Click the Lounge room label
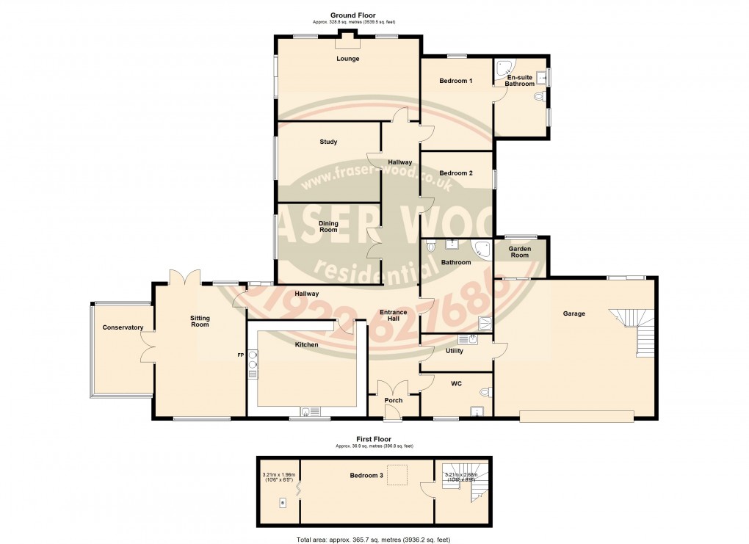coord(347,59)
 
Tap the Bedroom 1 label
coord(455,81)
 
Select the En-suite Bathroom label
coord(520,80)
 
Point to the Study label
coord(328,142)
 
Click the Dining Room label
coord(328,226)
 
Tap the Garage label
coord(573,313)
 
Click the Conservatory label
coord(123,327)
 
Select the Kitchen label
coord(306,344)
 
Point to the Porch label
coord(394,400)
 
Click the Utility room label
coord(455,351)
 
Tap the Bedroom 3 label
coord(366,475)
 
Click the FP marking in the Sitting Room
coord(239,355)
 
